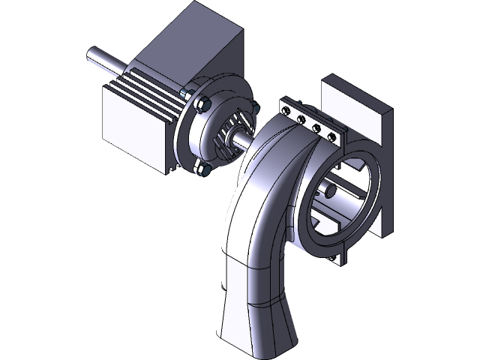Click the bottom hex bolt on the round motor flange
[x=201, y=169]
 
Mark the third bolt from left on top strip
[x=316, y=127]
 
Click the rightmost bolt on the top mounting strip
[x=330, y=136]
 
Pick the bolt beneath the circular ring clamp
[x=332, y=259]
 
